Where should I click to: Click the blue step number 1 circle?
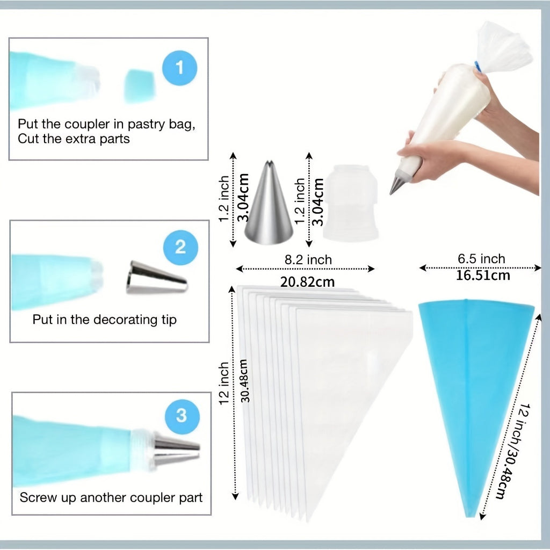[179, 68]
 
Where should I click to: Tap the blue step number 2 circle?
[180, 247]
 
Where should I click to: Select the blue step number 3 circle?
[182, 416]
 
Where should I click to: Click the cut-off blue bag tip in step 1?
[140, 86]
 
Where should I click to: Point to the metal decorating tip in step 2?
[157, 278]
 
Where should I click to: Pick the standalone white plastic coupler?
[351, 202]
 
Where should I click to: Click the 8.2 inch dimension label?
[308, 260]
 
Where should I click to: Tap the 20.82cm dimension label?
[307, 282]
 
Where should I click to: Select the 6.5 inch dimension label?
[481, 259]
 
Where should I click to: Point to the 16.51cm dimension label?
[483, 276]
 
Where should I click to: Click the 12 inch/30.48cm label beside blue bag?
[514, 451]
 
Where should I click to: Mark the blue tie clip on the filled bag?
[478, 66]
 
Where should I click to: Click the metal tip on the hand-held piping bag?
[396, 184]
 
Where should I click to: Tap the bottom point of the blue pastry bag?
[471, 516]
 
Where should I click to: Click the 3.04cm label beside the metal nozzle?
[243, 198]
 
